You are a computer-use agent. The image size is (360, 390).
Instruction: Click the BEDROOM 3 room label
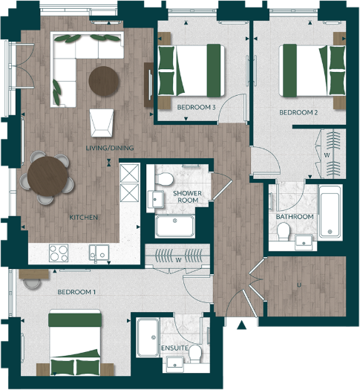196,107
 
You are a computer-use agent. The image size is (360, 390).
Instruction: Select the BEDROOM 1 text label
77,292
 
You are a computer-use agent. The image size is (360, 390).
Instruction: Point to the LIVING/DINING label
110,148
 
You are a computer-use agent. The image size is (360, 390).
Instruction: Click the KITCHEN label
85,217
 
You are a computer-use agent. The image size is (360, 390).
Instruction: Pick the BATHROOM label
295,216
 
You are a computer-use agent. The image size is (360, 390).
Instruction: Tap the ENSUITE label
174,348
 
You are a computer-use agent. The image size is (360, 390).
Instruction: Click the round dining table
48,176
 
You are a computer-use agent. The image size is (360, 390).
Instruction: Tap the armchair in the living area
102,121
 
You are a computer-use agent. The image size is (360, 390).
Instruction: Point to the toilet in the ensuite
196,351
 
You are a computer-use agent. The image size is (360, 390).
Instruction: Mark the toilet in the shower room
163,180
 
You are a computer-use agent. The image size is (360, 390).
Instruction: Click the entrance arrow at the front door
241,324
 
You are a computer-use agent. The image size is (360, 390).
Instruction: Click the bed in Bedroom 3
192,70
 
